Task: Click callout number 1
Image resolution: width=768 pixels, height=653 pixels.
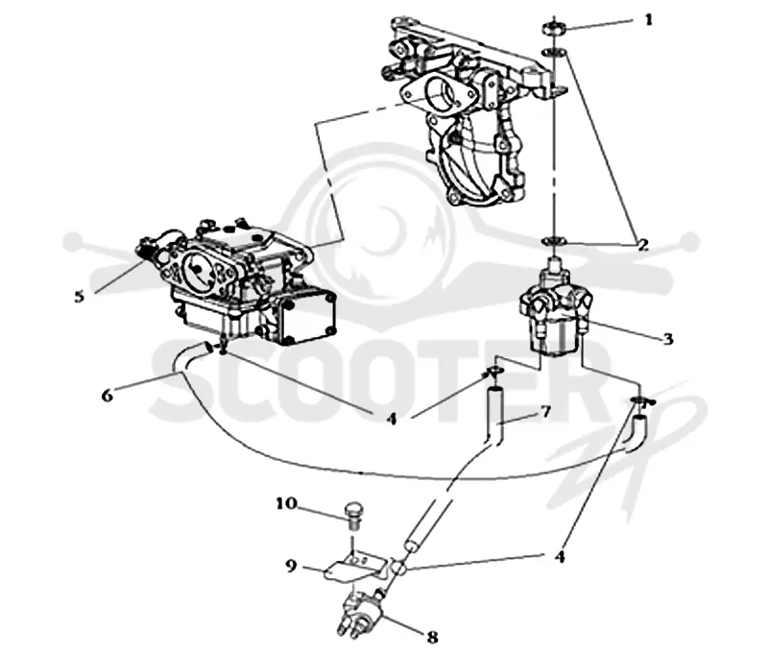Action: (648, 19)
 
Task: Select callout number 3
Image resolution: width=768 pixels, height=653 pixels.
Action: (667, 338)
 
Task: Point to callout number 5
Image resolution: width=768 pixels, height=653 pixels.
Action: (80, 296)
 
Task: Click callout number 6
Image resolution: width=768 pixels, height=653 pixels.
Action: (108, 395)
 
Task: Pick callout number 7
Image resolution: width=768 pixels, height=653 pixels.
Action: (545, 412)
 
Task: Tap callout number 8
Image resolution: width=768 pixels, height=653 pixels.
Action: (432, 637)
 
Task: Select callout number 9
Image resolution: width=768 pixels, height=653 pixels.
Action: (291, 567)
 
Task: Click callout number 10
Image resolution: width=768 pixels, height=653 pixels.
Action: (286, 503)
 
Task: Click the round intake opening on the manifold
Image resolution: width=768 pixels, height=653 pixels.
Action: (440, 94)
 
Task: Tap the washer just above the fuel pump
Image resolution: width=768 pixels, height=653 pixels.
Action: (555, 241)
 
